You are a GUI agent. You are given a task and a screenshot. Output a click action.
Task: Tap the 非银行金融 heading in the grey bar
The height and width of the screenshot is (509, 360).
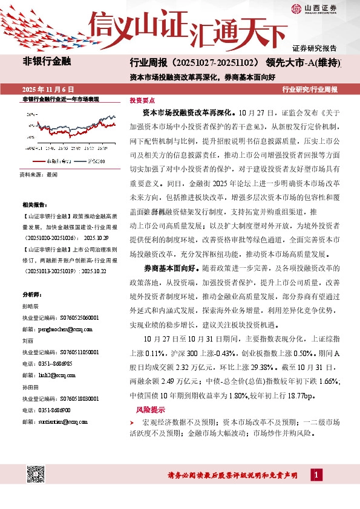click(x=47, y=62)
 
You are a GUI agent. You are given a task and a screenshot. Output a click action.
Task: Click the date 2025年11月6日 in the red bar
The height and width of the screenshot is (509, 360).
click(x=47, y=89)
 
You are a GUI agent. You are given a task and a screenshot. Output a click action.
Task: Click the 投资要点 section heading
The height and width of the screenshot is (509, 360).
click(x=142, y=101)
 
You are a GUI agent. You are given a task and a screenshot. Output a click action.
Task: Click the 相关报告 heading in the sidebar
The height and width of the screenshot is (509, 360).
click(x=33, y=206)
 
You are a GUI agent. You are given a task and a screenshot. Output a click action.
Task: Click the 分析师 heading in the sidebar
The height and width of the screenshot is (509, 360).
click(x=31, y=294)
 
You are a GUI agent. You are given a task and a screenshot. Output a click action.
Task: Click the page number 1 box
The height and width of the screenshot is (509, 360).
click(x=316, y=475)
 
